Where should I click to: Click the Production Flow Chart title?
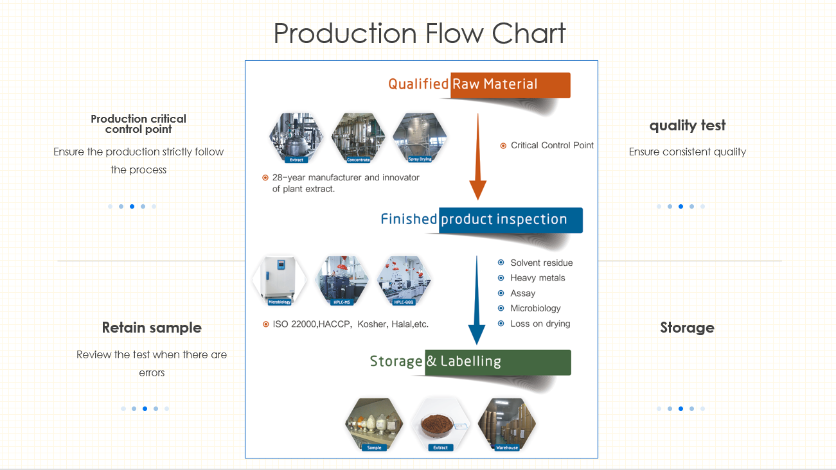[419, 33]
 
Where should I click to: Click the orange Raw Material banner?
[510, 85]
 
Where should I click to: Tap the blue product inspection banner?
[511, 220]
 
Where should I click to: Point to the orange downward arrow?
[477, 157]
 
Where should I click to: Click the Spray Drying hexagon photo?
[420, 136]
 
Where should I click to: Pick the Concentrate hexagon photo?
[358, 136]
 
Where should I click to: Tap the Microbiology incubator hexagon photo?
[280, 280]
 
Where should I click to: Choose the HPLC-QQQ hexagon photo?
[404, 280]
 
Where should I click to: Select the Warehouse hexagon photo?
[506, 424]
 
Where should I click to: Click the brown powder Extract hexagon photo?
[440, 424]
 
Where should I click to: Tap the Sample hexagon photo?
[374, 424]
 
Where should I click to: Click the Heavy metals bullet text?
[537, 278]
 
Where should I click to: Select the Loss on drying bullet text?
[540, 324]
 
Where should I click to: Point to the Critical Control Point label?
[552, 146]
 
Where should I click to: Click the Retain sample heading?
[152, 327]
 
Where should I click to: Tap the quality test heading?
[687, 125]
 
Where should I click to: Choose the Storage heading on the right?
[687, 327]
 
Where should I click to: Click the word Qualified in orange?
[418, 84]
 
